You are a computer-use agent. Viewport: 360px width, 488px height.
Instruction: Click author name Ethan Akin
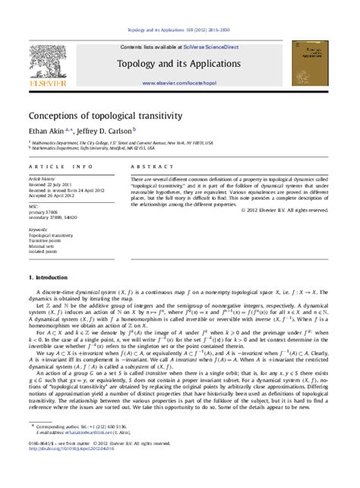[x=49, y=131]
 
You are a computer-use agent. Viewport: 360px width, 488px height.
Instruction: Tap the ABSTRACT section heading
[x=148, y=166]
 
